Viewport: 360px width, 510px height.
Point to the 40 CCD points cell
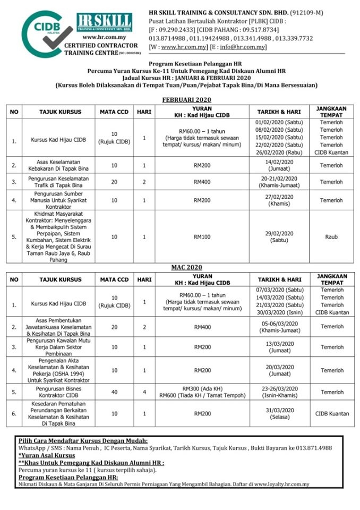pyautogui.click(x=114, y=392)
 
